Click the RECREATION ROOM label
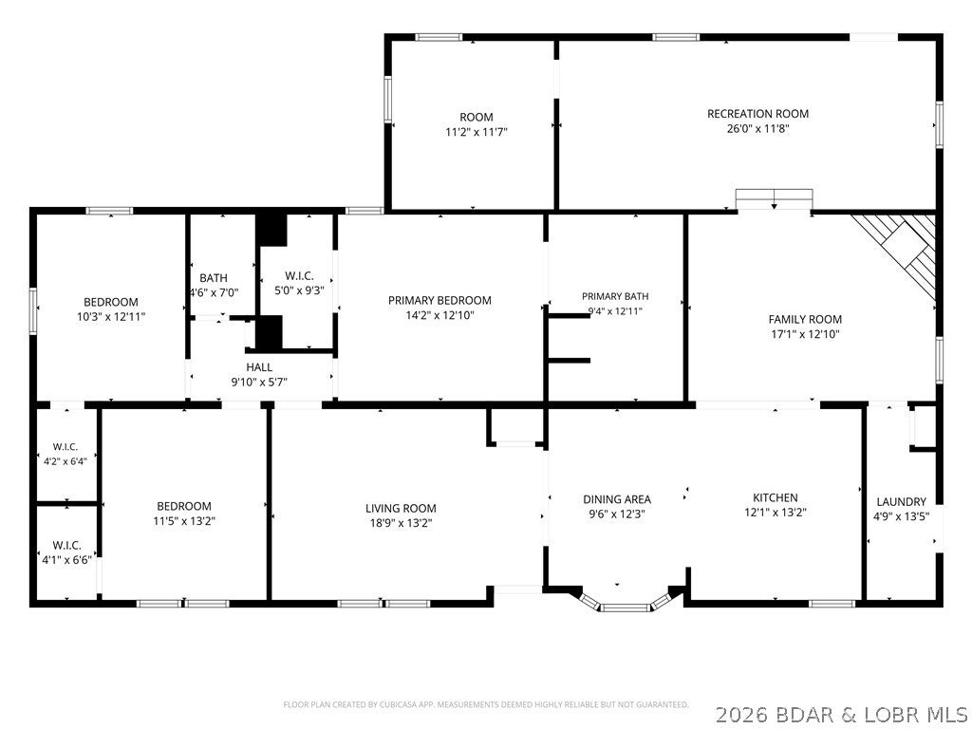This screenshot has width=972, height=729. [757, 114]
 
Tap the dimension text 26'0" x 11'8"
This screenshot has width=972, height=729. [757, 129]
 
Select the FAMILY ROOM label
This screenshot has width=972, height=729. [805, 319]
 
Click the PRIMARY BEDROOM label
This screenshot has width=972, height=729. [439, 300]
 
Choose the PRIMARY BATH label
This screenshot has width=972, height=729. [615, 296]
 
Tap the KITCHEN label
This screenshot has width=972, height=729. [775, 497]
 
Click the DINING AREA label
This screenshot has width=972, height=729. [617, 499]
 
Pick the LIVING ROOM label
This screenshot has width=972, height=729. [401, 509]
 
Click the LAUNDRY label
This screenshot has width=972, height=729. [901, 501]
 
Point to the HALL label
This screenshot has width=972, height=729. [259, 367]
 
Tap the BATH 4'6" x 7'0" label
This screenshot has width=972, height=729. [214, 285]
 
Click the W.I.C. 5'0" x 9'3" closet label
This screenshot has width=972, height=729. [299, 283]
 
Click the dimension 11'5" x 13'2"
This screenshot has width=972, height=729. [184, 521]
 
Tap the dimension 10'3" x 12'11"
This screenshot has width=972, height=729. [110, 317]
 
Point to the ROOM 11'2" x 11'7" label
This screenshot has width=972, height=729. [477, 124]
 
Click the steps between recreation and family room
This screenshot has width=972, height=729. [775, 199]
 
